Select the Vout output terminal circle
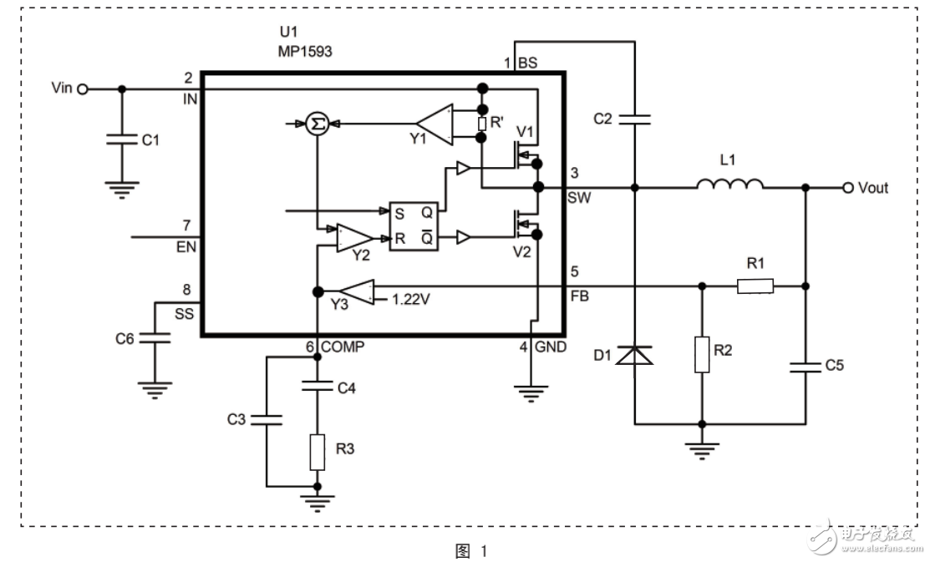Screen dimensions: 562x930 pos(848,187)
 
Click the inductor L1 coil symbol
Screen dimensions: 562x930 pos(729,185)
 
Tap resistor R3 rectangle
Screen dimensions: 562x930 pos(318,451)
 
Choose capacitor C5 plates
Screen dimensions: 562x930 pos(805,364)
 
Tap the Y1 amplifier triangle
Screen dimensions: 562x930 pos(433,124)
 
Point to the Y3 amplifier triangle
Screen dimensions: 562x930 pos(357,292)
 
